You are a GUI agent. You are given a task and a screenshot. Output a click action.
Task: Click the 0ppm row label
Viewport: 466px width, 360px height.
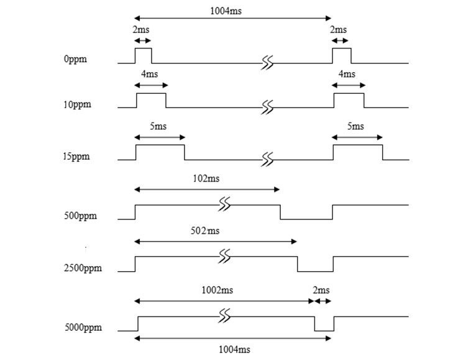[x=75, y=59]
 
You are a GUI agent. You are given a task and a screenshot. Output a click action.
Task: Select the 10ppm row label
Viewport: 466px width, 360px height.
[x=77, y=104]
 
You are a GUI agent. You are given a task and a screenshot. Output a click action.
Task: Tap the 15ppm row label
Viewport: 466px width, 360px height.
[x=76, y=156]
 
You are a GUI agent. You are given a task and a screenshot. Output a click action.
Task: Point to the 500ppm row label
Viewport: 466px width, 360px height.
[x=80, y=215]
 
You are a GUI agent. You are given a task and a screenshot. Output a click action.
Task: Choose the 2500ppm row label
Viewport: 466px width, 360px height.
[x=83, y=268]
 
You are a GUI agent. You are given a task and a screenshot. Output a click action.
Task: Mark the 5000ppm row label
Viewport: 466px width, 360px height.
[x=83, y=327]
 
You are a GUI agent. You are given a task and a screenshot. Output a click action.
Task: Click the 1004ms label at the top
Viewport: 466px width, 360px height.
[x=226, y=11]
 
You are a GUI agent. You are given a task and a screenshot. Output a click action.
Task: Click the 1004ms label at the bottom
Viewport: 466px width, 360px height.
[x=234, y=349]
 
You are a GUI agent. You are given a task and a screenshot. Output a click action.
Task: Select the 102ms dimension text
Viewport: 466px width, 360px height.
[x=206, y=178]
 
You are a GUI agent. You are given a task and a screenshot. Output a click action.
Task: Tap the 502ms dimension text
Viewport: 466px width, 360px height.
[x=205, y=231]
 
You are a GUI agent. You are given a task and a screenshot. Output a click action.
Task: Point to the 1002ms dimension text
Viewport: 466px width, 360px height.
[x=217, y=290]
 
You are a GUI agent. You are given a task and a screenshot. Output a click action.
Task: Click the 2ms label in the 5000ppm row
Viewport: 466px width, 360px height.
[x=321, y=290]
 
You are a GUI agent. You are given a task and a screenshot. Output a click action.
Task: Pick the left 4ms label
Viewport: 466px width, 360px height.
[x=150, y=74]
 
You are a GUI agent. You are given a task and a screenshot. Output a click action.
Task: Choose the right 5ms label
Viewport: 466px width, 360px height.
[x=355, y=126]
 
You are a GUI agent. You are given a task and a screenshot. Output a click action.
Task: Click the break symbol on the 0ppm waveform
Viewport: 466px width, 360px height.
[x=267, y=63]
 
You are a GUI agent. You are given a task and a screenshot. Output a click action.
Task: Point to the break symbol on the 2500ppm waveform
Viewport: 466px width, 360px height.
[x=224, y=256]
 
